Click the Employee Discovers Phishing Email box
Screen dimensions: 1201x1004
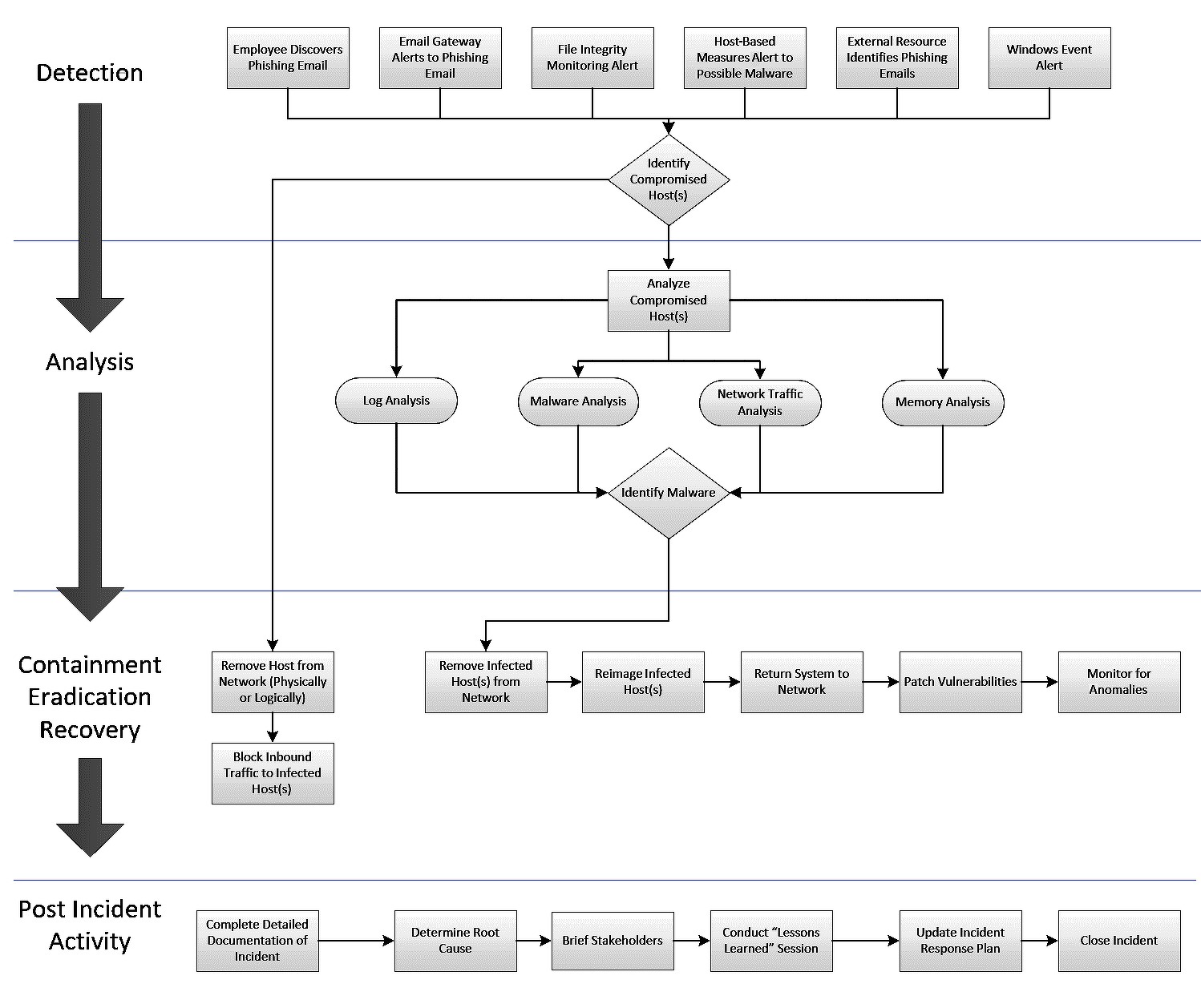click(288, 58)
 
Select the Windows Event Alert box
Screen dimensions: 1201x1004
click(1049, 58)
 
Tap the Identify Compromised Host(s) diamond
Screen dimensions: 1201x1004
click(669, 179)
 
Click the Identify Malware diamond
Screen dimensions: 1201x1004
click(669, 493)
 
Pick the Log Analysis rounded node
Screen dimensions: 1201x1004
click(396, 401)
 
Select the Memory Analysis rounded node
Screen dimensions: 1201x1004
click(943, 402)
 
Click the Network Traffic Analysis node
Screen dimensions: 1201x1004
click(760, 402)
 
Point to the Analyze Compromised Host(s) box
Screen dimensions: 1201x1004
click(669, 300)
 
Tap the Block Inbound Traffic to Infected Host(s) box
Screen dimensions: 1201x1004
click(273, 773)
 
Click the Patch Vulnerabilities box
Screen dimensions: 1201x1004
click(960, 682)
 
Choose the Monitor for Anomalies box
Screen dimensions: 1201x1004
click(1119, 682)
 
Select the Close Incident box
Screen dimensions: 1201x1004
click(1119, 941)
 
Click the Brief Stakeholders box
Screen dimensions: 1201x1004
click(613, 941)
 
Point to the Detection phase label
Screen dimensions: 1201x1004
click(90, 73)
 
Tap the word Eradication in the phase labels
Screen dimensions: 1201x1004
click(90, 697)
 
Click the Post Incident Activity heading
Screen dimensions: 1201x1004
click(90, 925)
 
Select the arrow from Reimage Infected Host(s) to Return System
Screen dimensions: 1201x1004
click(722, 682)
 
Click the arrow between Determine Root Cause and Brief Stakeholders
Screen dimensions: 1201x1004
click(534, 941)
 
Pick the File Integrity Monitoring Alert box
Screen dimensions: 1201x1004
click(592, 58)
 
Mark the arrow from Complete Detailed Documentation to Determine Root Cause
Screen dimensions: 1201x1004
click(357, 941)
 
